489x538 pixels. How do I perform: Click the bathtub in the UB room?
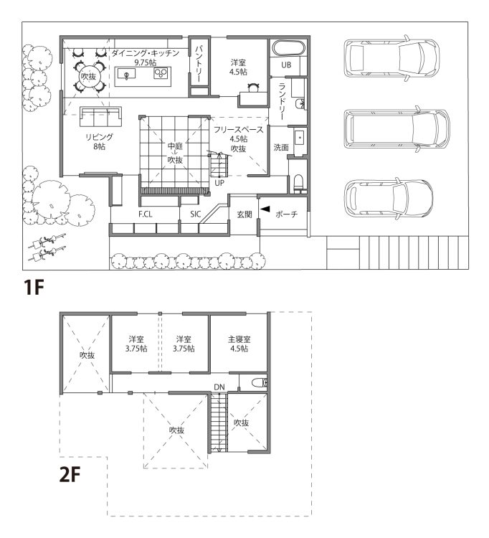click(x=289, y=47)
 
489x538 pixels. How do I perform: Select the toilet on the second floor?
click(x=260, y=382)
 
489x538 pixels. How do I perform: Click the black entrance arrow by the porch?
click(x=265, y=209)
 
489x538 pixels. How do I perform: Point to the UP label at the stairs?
click(x=219, y=183)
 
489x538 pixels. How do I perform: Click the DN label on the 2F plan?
click(x=219, y=387)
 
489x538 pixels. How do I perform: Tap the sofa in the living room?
click(x=101, y=117)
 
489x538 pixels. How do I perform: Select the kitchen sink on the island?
click(x=126, y=74)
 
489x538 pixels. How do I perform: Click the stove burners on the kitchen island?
click(x=161, y=73)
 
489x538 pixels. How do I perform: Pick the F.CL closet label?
click(x=145, y=214)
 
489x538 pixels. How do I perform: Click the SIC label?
click(x=195, y=214)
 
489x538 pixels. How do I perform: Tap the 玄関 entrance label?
click(x=244, y=214)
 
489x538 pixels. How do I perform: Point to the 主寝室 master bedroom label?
click(x=239, y=339)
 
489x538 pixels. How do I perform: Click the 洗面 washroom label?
click(x=281, y=148)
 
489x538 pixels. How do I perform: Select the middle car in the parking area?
click(x=397, y=128)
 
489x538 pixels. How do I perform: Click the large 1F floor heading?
click(x=34, y=288)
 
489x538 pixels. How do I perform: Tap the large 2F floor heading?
click(x=70, y=475)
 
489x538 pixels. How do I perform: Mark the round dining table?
click(x=88, y=76)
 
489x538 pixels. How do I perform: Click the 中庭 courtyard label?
click(x=175, y=146)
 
